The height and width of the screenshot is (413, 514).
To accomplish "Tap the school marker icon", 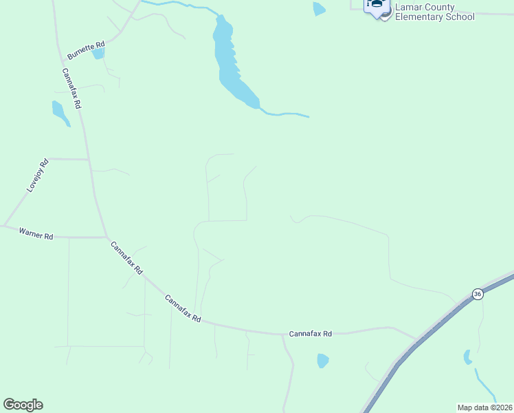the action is click(x=377, y=6).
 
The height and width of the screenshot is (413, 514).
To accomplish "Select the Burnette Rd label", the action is click(x=85, y=50).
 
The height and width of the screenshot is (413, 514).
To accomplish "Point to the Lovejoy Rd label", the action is click(x=37, y=175).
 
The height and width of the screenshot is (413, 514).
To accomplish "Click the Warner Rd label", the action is click(x=36, y=235).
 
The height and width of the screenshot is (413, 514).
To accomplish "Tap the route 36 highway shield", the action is click(x=478, y=294).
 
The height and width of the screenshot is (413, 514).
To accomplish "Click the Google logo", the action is click(x=23, y=404).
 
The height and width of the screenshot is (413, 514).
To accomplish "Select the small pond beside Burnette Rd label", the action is click(x=98, y=53).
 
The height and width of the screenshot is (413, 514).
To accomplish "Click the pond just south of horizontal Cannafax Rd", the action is click(x=322, y=360).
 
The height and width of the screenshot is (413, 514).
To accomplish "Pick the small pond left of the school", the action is click(x=318, y=9).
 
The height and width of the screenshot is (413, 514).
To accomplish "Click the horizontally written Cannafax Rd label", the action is click(x=310, y=334).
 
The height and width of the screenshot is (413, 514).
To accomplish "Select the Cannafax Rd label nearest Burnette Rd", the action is click(x=71, y=89).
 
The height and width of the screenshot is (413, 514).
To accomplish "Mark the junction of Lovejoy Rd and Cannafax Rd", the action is click(x=89, y=159).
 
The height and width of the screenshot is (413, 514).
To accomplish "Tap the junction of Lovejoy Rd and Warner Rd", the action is click(x=4, y=226).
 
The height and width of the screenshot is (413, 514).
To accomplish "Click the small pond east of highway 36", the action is click(x=468, y=357).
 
